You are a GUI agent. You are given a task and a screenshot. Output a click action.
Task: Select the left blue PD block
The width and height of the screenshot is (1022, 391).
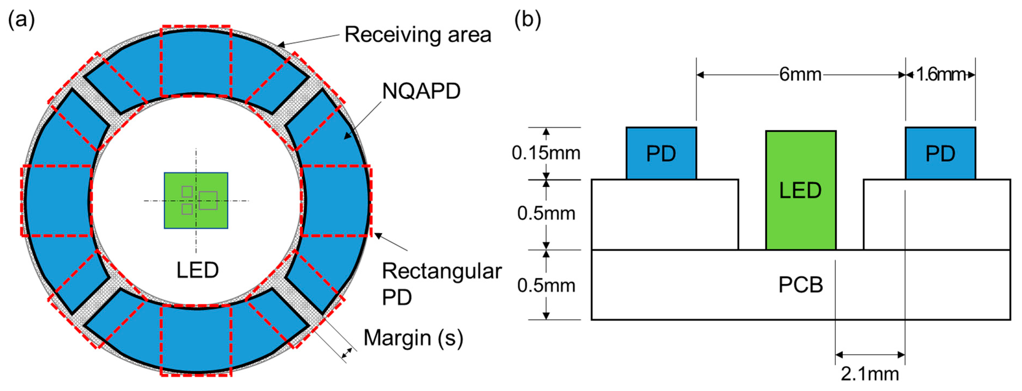[661, 154]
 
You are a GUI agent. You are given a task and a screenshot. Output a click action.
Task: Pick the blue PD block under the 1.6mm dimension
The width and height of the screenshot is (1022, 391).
[940, 154]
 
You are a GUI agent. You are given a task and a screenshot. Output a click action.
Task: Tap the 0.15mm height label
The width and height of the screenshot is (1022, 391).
[546, 153]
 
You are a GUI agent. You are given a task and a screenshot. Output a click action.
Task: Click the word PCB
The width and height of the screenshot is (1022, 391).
[801, 285]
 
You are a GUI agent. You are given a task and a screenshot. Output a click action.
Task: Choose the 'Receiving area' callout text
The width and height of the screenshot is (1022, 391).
[418, 35]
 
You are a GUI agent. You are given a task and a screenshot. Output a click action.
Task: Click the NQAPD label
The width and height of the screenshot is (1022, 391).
[421, 91]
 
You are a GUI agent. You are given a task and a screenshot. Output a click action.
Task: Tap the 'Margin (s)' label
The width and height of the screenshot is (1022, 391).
[413, 338]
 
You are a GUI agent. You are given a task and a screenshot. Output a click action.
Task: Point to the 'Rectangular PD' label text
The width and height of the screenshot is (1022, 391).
[441, 284]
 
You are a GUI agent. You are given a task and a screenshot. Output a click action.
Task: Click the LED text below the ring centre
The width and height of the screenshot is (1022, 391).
[198, 270]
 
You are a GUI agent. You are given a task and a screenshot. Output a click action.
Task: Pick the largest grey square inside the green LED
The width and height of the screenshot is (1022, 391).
[208, 201]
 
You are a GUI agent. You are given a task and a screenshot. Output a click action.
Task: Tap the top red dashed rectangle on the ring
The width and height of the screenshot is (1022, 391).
[196, 61]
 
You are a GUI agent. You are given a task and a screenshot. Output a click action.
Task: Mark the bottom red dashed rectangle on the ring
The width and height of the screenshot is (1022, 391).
[196, 340]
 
